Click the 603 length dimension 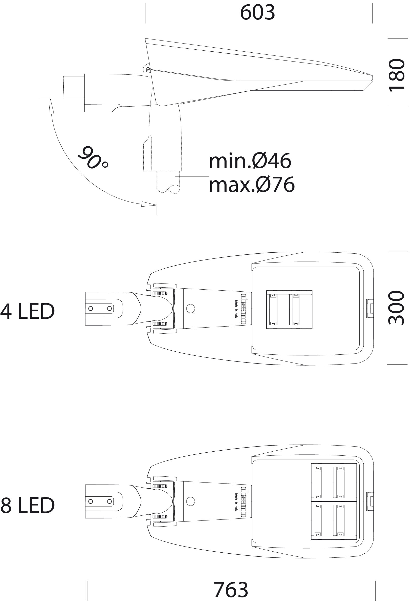click(257, 12)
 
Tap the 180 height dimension click(397, 75)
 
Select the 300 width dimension click(396, 308)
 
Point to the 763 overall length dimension click(231, 590)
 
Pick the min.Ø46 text click(250, 161)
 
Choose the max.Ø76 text click(252, 185)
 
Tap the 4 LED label click(28, 311)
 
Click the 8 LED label click(28, 505)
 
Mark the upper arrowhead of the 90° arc click(51, 106)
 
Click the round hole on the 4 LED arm click(191, 308)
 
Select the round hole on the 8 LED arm click(191, 501)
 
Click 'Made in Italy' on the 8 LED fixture click(236, 502)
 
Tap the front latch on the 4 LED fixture click(370, 309)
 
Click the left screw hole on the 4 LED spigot click(91, 309)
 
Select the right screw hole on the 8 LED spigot click(109, 501)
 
